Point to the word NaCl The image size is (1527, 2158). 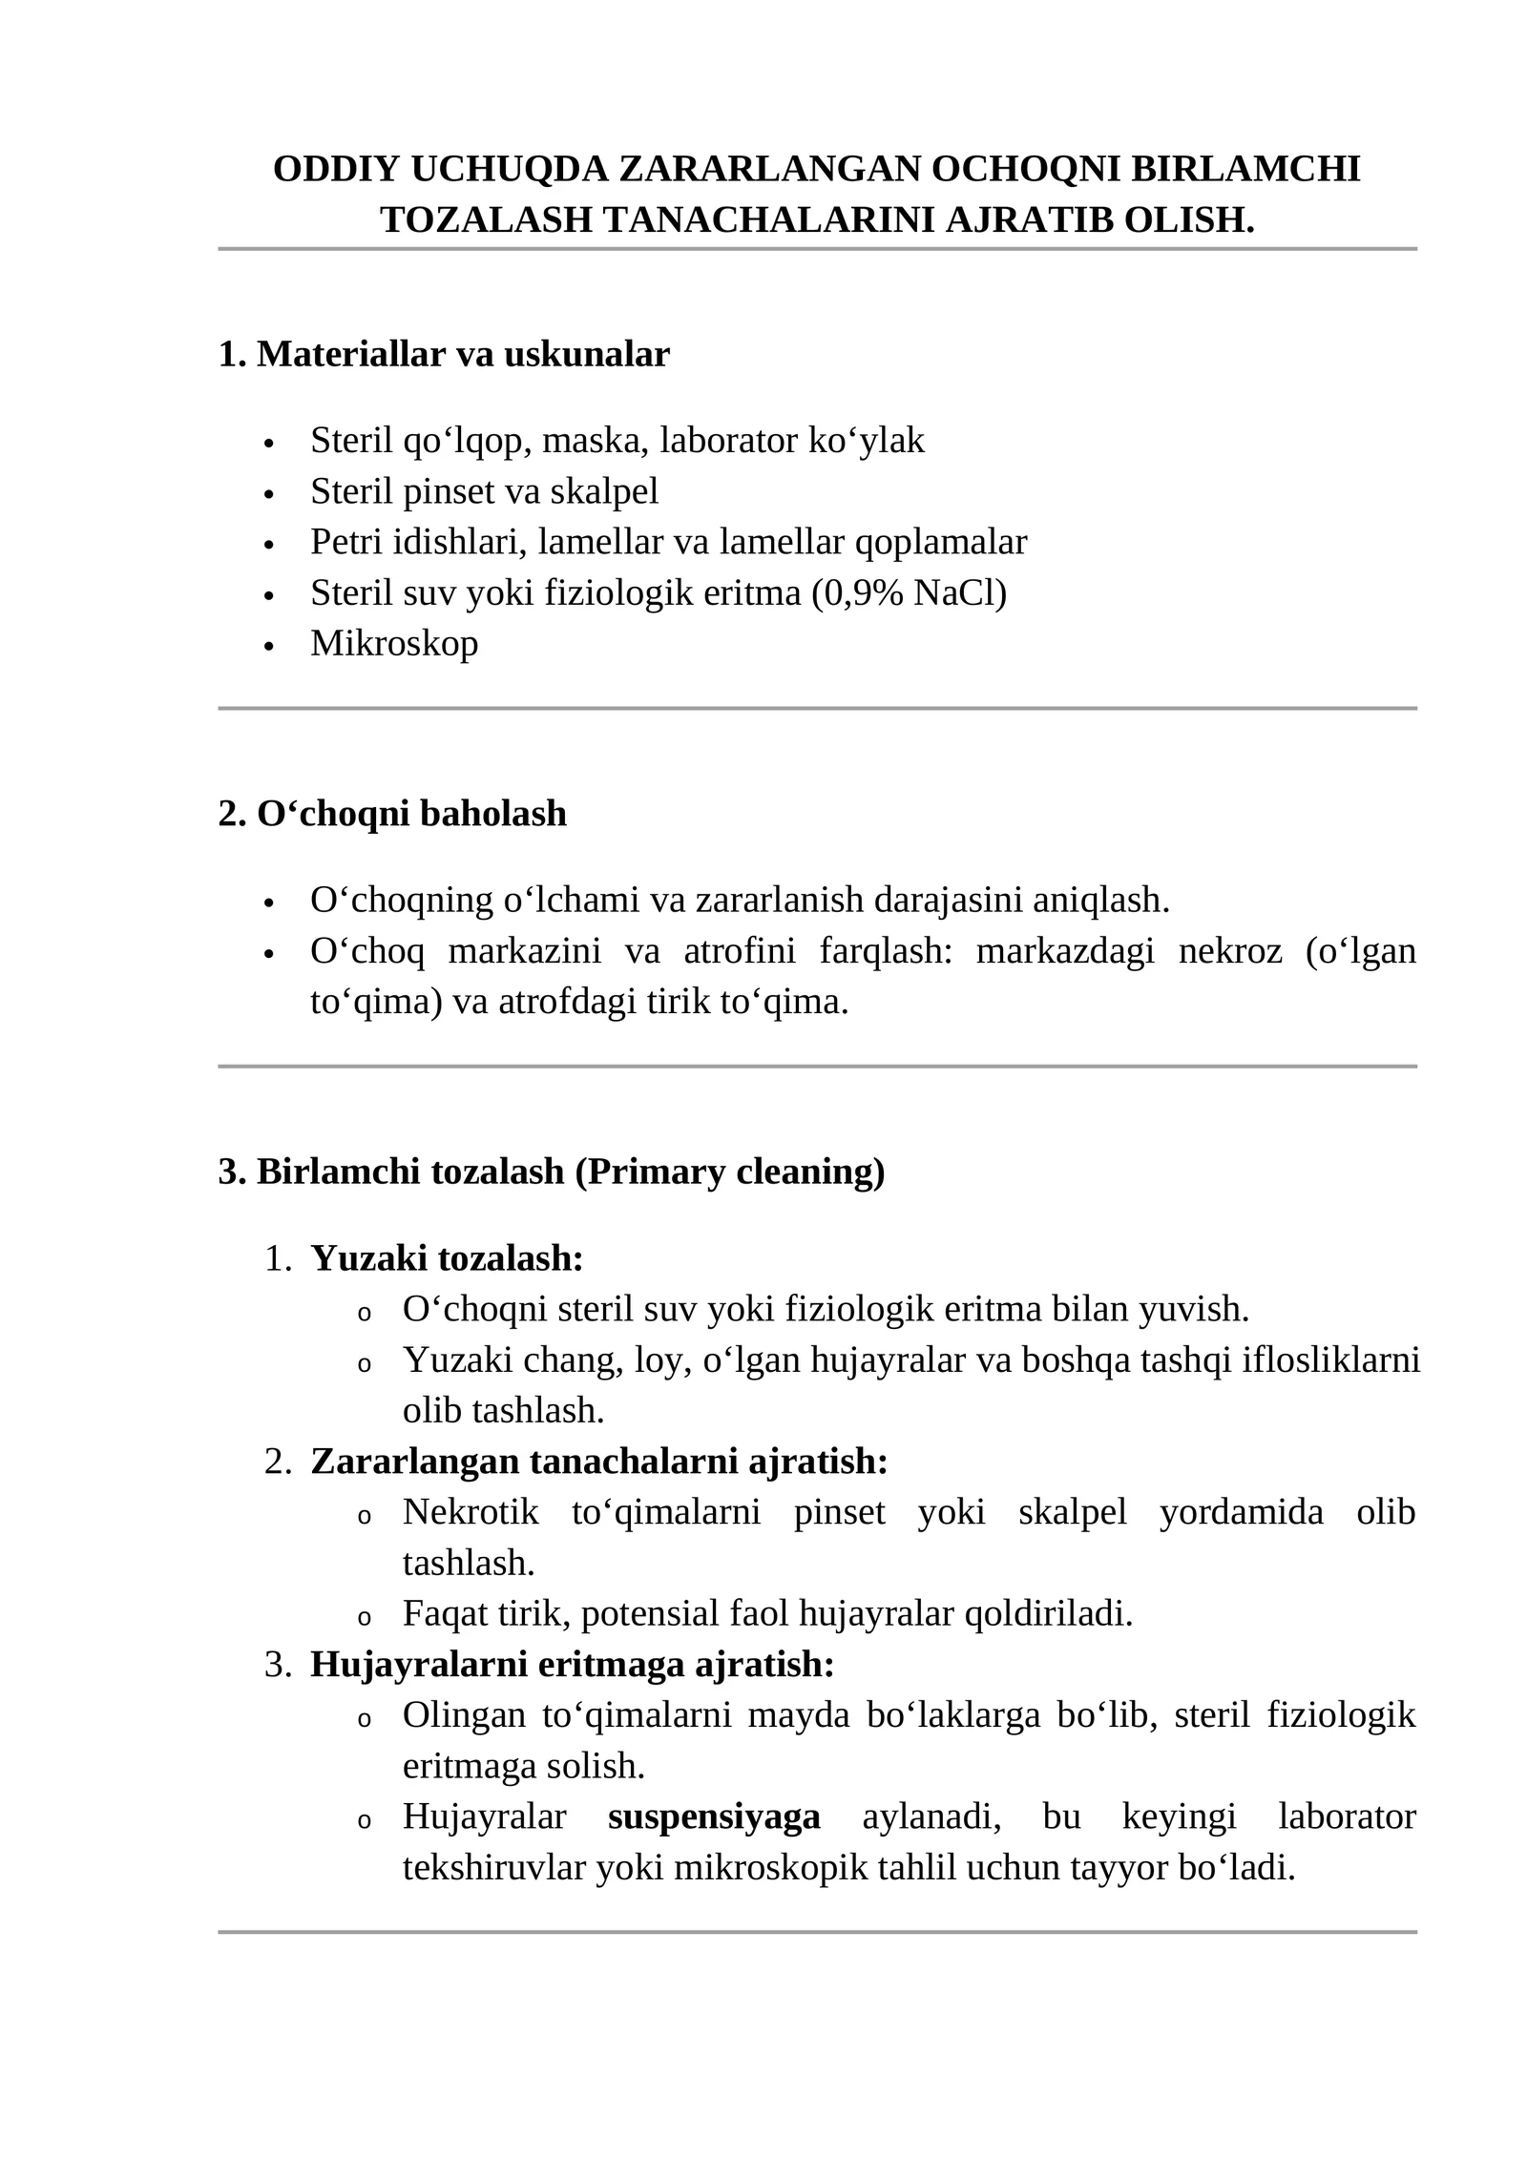(959, 592)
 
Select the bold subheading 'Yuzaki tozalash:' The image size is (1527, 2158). (447, 1258)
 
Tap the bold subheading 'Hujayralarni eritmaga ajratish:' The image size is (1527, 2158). (573, 1665)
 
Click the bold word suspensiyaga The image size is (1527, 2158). (714, 1816)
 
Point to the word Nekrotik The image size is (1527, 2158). (471, 1512)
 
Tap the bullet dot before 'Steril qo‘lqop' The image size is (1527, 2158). (269, 444)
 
